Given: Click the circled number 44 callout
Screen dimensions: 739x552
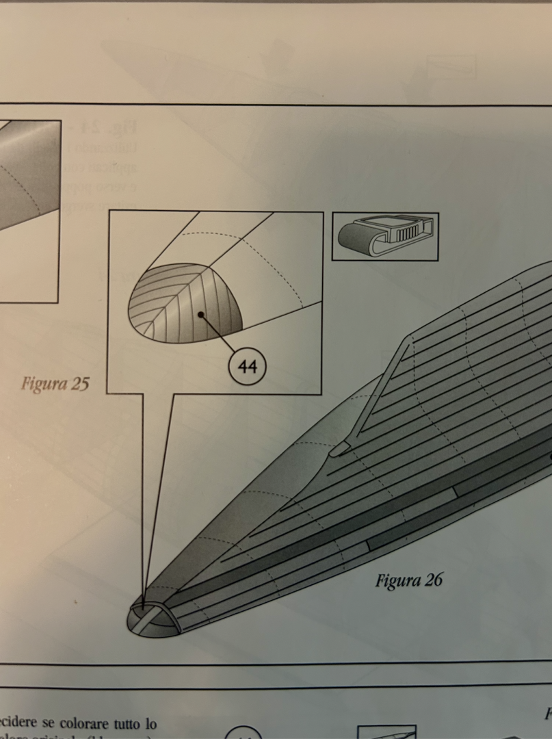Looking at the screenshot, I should [x=246, y=367].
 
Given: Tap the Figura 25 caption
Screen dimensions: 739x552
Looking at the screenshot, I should [x=55, y=383].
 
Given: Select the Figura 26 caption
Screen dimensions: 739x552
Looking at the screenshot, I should [x=408, y=580].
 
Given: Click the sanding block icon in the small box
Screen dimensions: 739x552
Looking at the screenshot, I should [x=385, y=236].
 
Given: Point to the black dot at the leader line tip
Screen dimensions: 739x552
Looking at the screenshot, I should [x=201, y=315].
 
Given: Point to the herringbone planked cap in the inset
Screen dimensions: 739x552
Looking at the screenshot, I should [x=185, y=304].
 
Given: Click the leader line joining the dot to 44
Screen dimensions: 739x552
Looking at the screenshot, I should [x=218, y=332].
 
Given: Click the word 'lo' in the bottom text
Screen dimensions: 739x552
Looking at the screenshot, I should [x=150, y=723].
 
